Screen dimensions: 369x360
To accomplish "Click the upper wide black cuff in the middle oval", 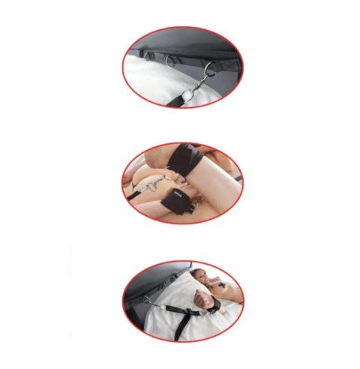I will click(x=187, y=162).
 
